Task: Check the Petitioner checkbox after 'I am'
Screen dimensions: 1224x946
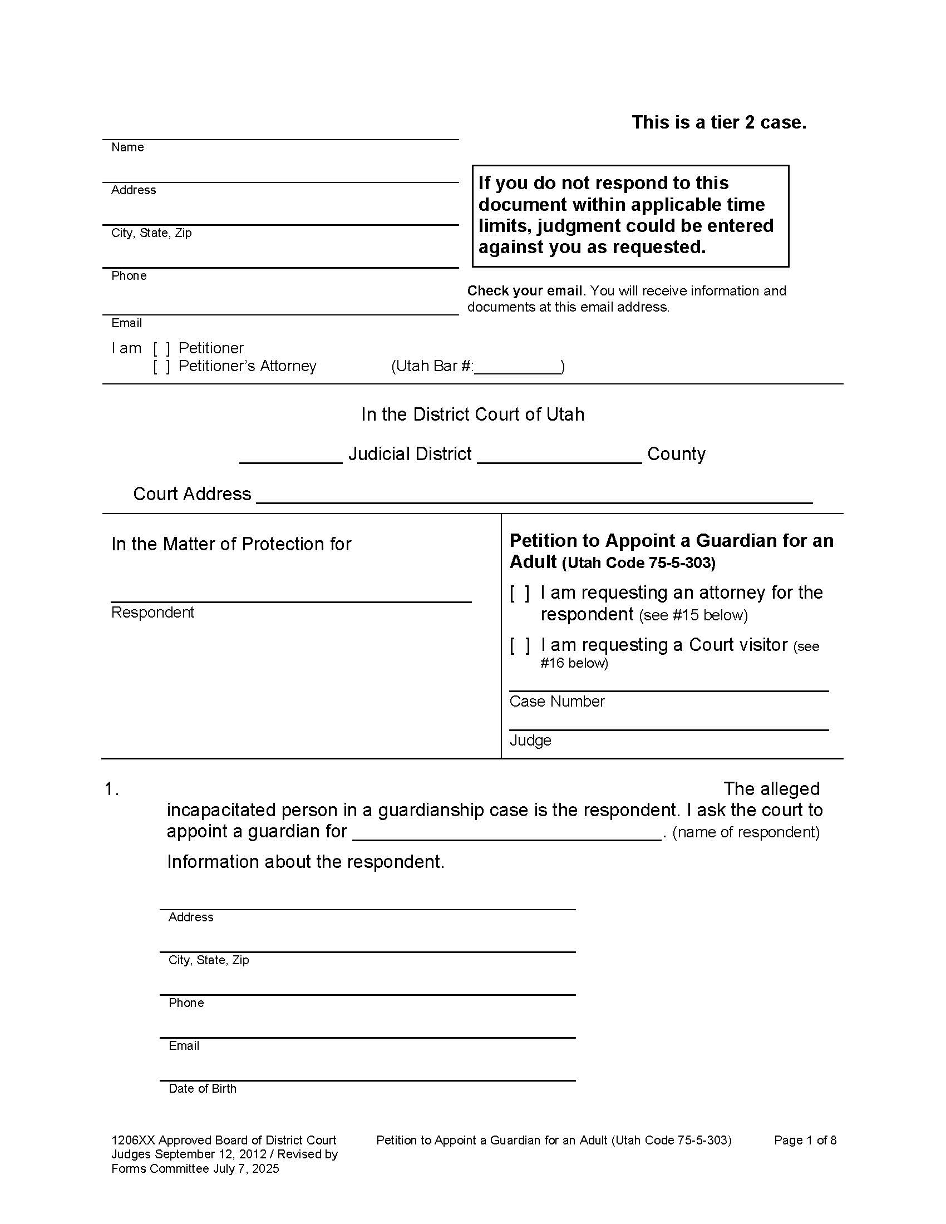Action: point(161,349)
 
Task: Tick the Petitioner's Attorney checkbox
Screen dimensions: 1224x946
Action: point(161,367)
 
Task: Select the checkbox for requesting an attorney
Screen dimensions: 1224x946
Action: point(520,593)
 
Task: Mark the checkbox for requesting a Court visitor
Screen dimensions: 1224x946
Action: point(520,645)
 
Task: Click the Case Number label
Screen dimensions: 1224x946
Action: point(556,702)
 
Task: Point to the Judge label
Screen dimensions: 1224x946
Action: point(530,741)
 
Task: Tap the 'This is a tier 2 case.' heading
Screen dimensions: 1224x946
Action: point(719,122)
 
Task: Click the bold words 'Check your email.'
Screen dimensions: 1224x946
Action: point(526,291)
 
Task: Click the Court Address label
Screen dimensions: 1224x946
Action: point(191,493)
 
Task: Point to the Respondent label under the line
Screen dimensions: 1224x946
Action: point(152,612)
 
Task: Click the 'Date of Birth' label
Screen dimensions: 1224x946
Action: point(203,1088)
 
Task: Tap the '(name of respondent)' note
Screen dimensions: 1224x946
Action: point(745,832)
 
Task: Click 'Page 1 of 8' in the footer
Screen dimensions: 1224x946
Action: point(805,1140)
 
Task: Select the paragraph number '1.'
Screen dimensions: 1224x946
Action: point(111,789)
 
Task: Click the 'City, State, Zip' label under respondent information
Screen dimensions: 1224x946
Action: point(209,960)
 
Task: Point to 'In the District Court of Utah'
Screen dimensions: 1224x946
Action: point(472,414)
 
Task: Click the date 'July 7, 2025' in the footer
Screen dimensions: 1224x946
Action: point(245,1168)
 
